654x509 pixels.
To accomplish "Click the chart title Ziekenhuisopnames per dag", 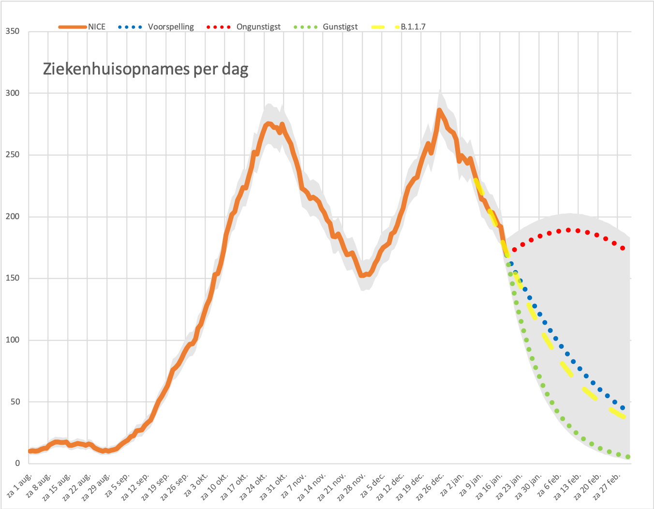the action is tap(146, 70).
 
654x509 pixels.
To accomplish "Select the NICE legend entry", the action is tap(82, 27).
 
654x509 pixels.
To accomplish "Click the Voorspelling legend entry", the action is tap(156, 27).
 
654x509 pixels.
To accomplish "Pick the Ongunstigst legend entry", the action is tap(243, 27).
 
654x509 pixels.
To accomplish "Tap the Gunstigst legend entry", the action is tap(326, 27).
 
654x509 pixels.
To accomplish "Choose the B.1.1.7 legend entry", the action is tap(399, 27).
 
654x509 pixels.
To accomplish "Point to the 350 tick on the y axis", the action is tap(13, 31).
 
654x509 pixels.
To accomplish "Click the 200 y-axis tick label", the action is tap(13, 216).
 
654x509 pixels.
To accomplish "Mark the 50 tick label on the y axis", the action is tap(15, 402).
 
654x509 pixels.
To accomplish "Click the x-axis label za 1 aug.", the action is tap(19, 485).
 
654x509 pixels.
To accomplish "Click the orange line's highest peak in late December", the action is tap(439, 110).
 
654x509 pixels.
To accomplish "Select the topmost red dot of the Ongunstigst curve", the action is tap(568, 230).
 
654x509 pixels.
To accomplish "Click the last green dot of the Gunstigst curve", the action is tap(628, 457).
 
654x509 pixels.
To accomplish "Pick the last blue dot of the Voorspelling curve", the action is tap(623, 408).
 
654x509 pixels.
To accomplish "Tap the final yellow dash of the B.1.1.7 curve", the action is tap(617, 413).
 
